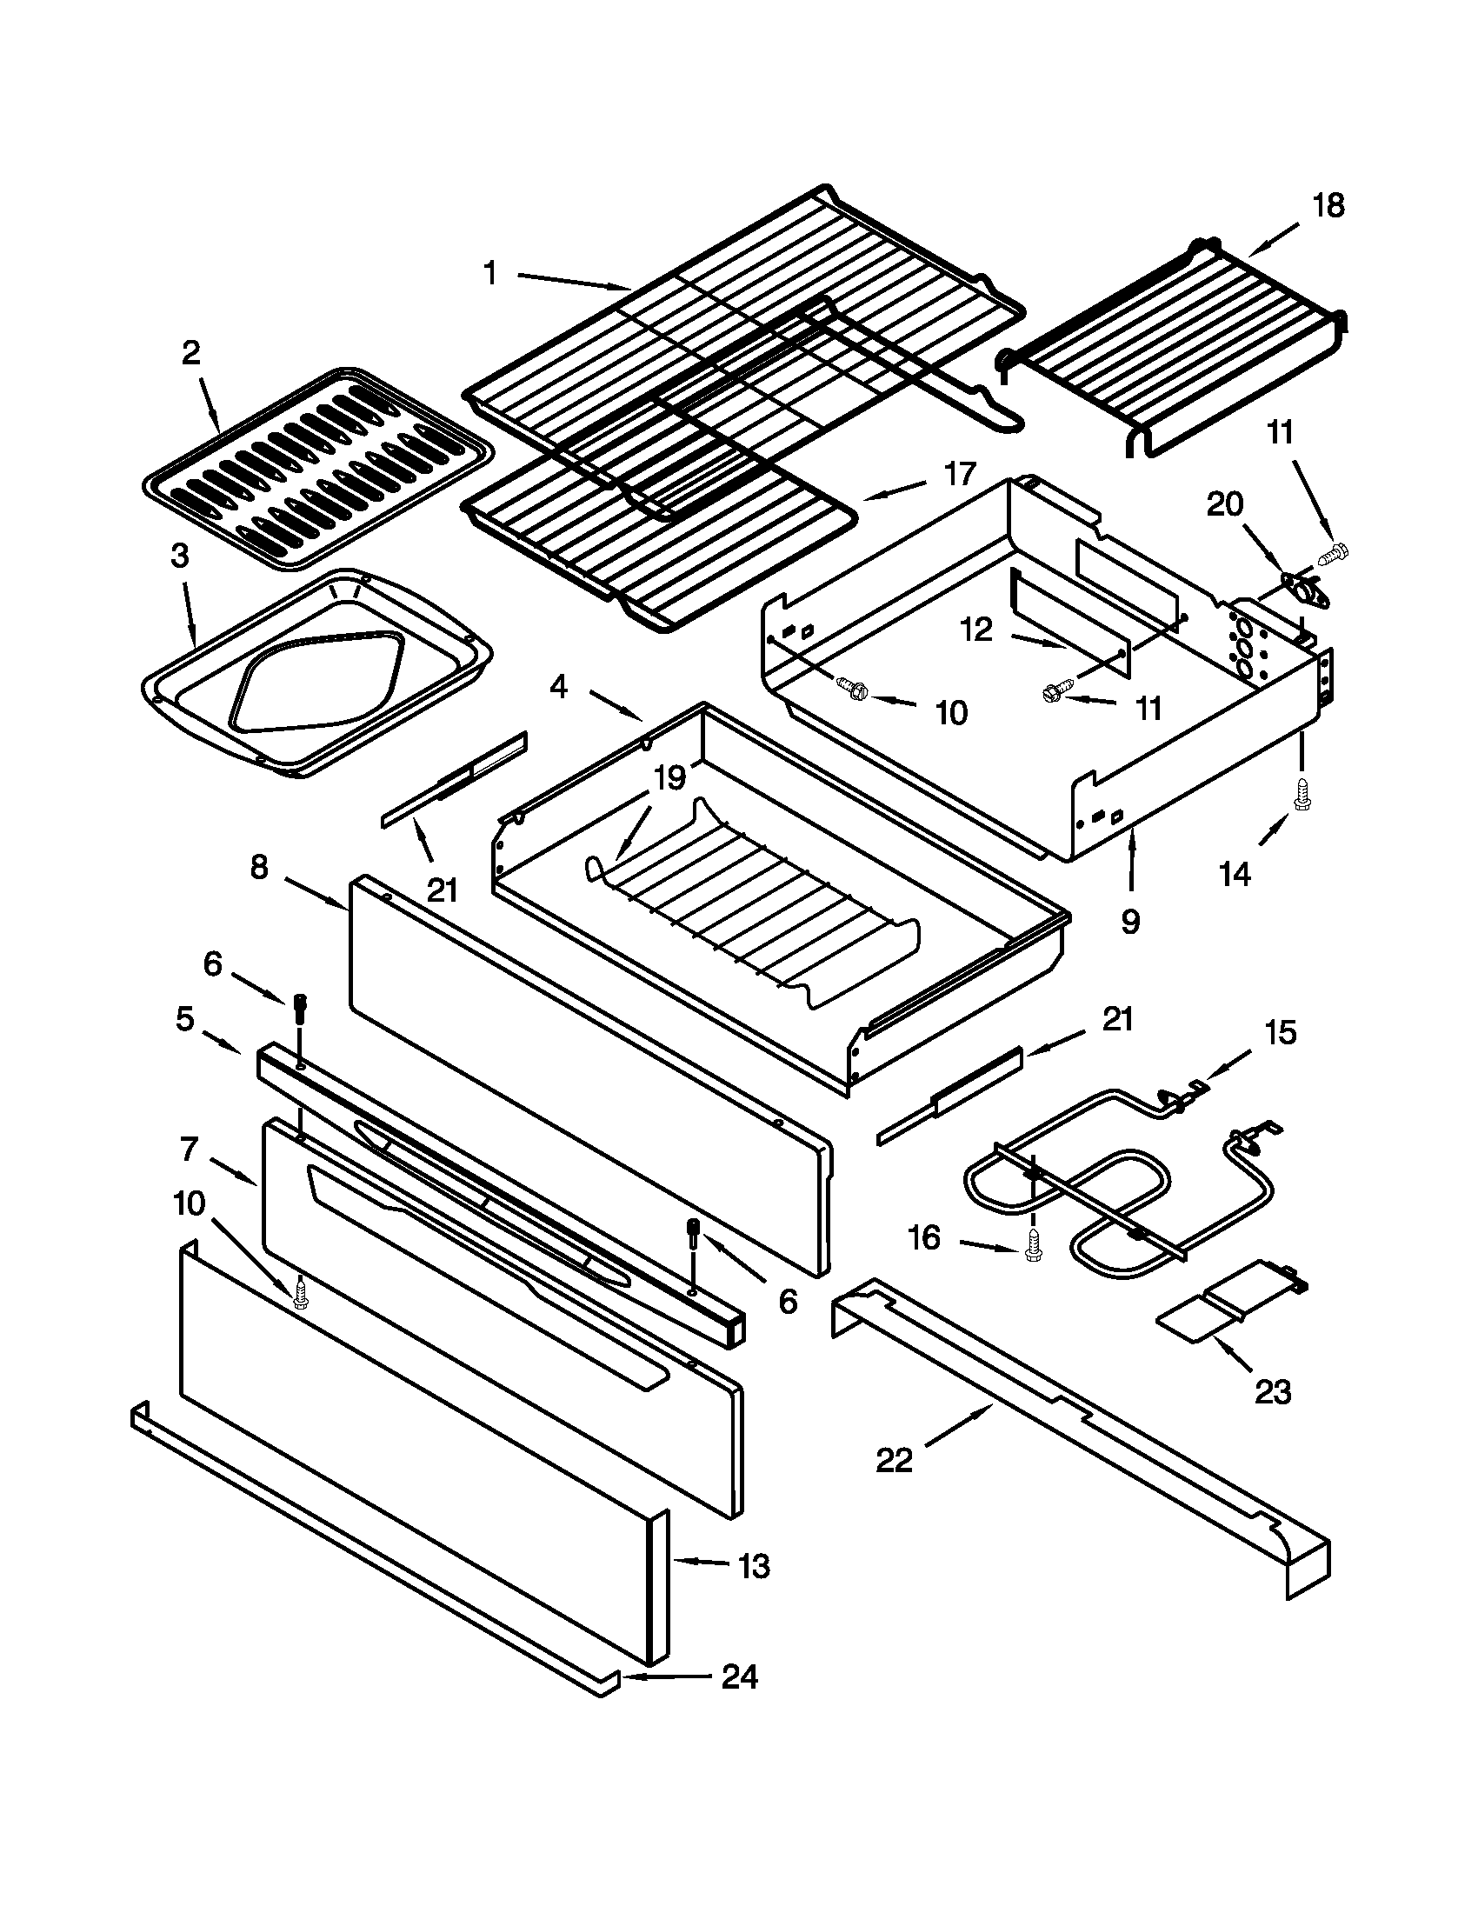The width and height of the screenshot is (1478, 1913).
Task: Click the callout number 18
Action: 1328,207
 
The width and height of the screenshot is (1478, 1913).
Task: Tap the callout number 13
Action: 754,1565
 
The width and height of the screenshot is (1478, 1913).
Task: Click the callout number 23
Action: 1272,1391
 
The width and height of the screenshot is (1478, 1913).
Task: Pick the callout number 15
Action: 1280,1033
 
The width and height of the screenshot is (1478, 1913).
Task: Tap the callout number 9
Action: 1130,921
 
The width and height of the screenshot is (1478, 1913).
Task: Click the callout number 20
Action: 1224,505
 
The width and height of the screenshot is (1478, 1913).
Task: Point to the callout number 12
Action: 976,629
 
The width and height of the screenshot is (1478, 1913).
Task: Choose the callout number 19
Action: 669,778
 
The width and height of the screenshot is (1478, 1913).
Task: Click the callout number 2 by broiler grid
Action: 191,353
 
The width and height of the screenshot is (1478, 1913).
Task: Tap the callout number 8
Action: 258,868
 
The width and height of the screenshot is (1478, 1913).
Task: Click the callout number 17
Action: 960,474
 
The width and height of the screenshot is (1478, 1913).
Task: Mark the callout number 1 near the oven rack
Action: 490,273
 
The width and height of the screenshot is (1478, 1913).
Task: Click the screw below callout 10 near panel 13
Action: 300,1295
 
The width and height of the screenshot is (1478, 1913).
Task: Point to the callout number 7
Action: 190,1149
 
